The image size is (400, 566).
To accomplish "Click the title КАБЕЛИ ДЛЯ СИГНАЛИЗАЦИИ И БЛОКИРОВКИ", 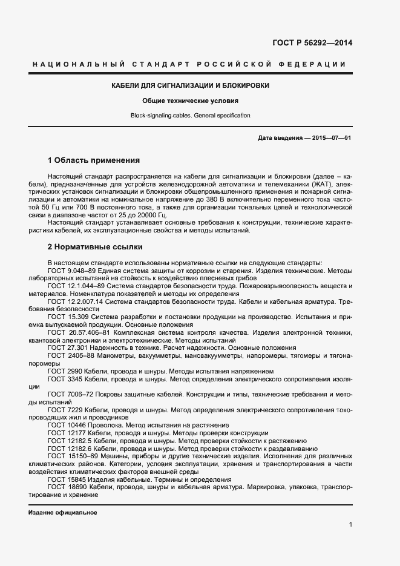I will (191, 85).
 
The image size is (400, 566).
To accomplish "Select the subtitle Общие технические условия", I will (191, 100).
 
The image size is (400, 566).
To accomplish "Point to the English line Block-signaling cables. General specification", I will (191, 115).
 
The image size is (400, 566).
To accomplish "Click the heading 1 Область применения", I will (94, 160).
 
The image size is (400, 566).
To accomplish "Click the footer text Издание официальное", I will (63, 512).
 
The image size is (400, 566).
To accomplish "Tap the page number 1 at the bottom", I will (351, 524).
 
